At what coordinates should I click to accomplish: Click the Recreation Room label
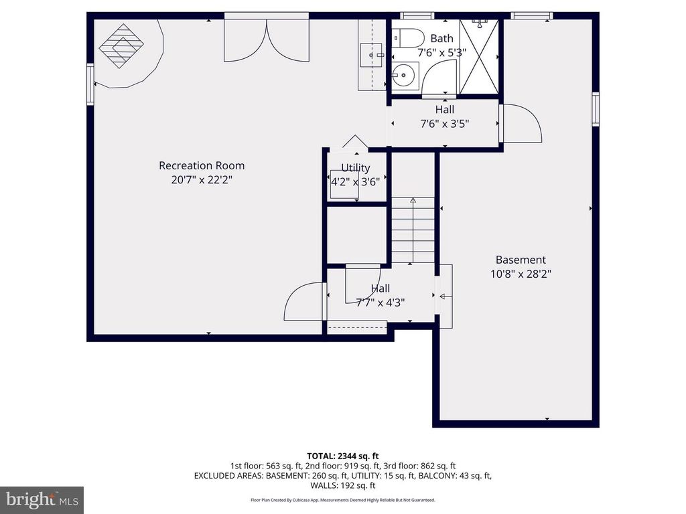(201, 165)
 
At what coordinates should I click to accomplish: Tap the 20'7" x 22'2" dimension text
(201, 180)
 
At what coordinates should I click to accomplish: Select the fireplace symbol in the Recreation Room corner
(122, 46)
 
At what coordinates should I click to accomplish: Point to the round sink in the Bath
(404, 76)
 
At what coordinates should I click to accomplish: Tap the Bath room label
(441, 38)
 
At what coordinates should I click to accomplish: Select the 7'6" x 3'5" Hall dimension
(444, 124)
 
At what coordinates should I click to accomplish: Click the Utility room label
(355, 168)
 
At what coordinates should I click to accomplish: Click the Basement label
(521, 260)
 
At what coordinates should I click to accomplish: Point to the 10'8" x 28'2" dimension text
(521, 274)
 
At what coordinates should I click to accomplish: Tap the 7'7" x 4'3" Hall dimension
(380, 302)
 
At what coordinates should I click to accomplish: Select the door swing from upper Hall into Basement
(521, 123)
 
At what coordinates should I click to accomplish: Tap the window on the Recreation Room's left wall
(90, 84)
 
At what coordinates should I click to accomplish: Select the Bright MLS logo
(42, 499)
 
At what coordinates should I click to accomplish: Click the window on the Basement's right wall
(595, 109)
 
